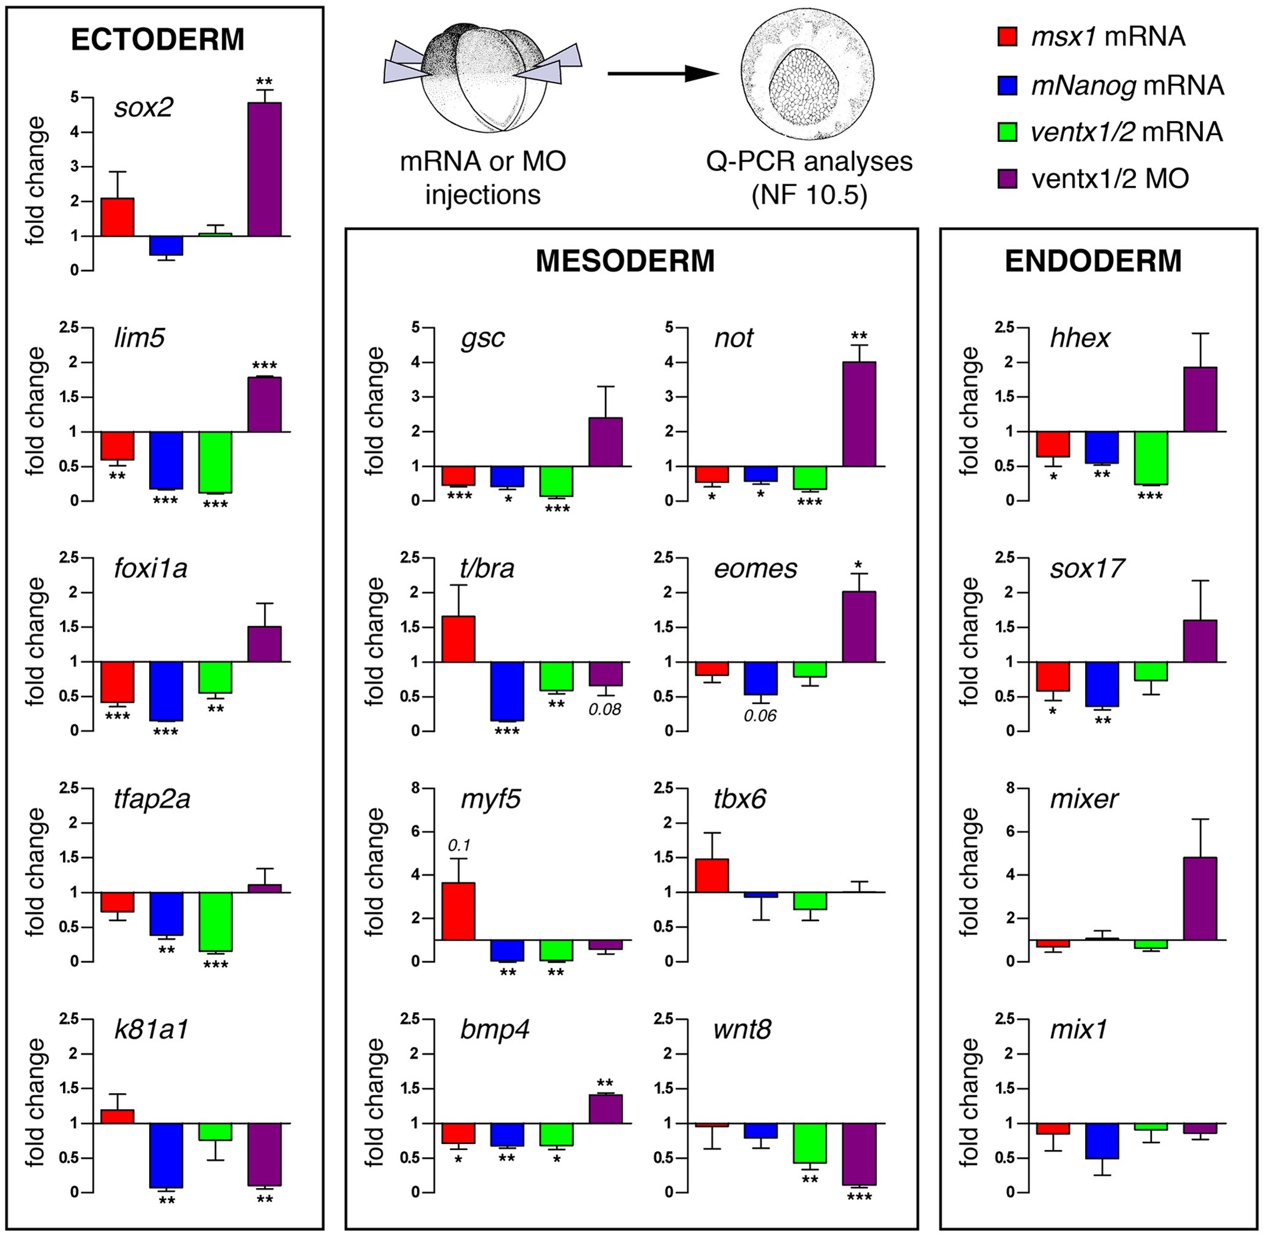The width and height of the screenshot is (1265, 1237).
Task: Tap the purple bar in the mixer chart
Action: [1200, 899]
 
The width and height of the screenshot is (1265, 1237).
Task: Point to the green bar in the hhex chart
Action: [1151, 458]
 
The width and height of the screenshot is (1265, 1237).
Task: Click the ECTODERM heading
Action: [158, 40]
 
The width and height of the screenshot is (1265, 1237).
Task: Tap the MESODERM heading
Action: [625, 261]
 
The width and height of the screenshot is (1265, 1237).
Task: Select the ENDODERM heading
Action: [1093, 261]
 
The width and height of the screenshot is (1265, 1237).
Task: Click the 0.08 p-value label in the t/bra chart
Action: [604, 709]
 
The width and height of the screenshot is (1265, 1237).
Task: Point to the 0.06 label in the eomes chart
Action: [760, 716]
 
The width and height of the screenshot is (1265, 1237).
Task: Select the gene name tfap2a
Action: [152, 799]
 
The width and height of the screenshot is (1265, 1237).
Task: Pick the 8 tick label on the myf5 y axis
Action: [414, 788]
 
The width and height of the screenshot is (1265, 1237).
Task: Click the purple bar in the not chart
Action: [859, 414]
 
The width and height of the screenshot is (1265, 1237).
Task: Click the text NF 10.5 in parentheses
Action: [809, 195]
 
